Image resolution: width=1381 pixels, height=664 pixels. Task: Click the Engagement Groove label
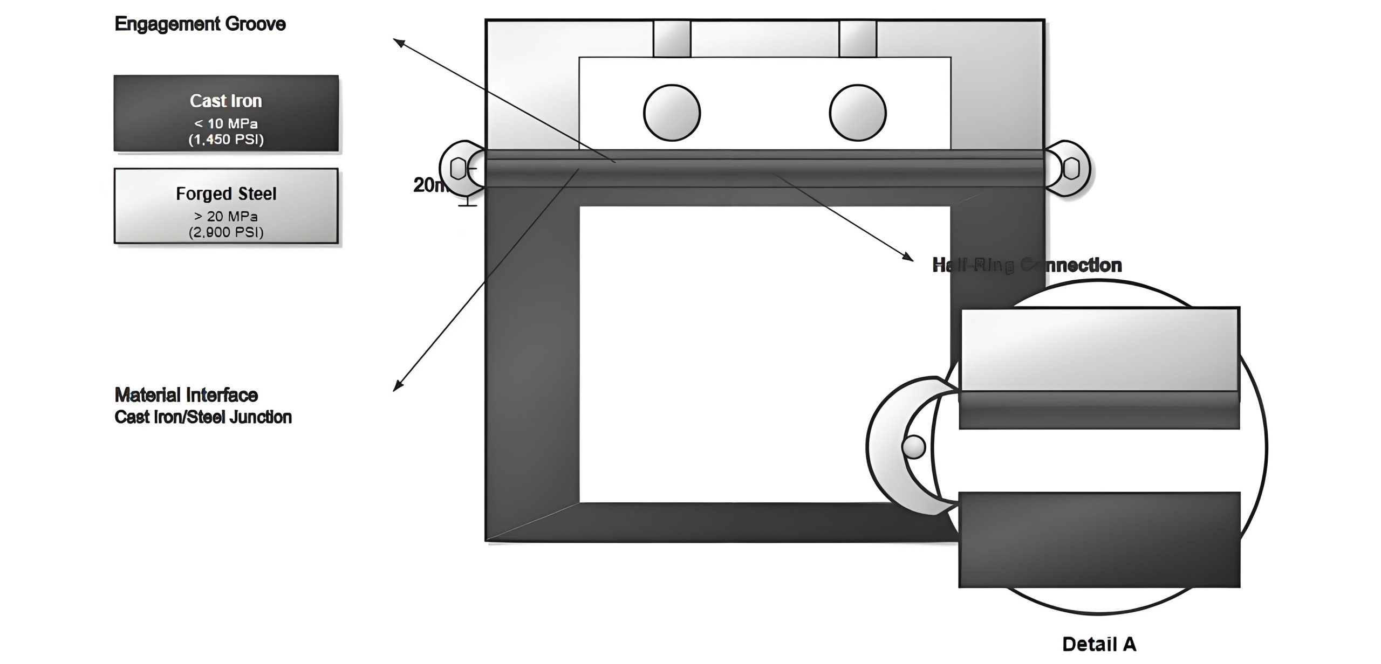coord(200,24)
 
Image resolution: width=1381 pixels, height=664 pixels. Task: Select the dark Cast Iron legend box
coord(226,113)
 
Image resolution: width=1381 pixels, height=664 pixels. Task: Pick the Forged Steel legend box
coord(226,206)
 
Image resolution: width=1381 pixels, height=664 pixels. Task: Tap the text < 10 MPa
coord(226,123)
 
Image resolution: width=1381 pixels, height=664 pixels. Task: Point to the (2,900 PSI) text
coord(226,232)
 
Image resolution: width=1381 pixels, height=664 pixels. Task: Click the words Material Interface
coord(186,395)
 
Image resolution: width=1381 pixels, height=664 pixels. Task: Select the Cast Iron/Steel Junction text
coord(203,417)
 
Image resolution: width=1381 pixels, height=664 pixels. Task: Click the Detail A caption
coord(1099,644)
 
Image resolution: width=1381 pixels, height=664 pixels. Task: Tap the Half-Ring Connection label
coord(1027,265)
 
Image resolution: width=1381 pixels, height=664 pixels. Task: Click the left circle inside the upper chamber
coord(672,113)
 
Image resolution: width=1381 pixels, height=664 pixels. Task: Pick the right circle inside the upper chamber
coord(857,113)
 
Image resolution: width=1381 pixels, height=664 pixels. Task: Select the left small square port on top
coord(672,39)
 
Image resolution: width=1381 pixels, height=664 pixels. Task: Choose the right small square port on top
coord(858,39)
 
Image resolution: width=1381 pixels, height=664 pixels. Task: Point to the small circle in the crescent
coord(913,446)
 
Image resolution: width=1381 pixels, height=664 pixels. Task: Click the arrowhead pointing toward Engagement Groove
coord(398,41)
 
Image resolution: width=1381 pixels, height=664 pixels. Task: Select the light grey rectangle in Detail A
coord(1099,349)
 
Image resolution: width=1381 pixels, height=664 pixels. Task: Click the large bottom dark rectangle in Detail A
coord(1099,539)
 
